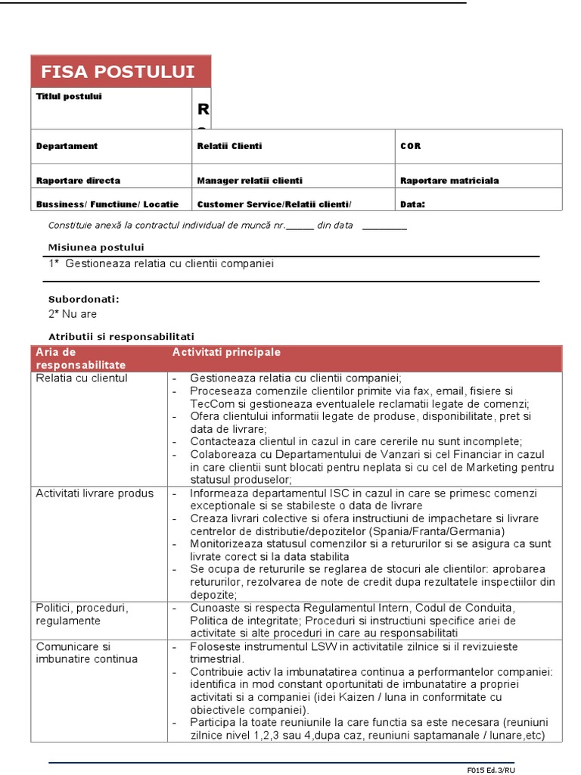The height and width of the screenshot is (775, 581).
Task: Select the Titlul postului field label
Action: tap(69, 97)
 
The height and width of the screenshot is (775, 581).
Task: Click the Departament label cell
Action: tap(67, 146)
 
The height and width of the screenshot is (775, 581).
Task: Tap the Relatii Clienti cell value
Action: tap(229, 146)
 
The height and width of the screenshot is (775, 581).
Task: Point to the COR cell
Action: tap(410, 146)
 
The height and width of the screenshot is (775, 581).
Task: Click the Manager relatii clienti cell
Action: tap(250, 181)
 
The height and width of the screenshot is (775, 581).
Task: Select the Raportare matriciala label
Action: tap(449, 181)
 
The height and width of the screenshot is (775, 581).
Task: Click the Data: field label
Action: tap(412, 204)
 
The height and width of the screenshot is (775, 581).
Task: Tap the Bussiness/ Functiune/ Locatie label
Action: tap(107, 204)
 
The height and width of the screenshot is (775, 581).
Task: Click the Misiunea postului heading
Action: tap(96, 247)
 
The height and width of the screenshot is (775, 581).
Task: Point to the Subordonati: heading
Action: tap(84, 299)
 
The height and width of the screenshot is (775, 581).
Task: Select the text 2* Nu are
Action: tap(73, 314)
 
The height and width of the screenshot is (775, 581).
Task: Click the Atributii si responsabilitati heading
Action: tap(122, 336)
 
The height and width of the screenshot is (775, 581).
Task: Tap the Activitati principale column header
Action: tap(226, 353)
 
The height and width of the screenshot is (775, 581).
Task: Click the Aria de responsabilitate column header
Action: tap(81, 359)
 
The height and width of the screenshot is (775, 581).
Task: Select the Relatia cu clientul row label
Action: tap(82, 378)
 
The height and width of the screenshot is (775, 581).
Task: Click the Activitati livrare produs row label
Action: tap(95, 493)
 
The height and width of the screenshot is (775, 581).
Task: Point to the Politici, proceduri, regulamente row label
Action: tap(82, 615)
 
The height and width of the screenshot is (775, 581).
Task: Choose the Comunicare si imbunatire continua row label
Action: tap(87, 652)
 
